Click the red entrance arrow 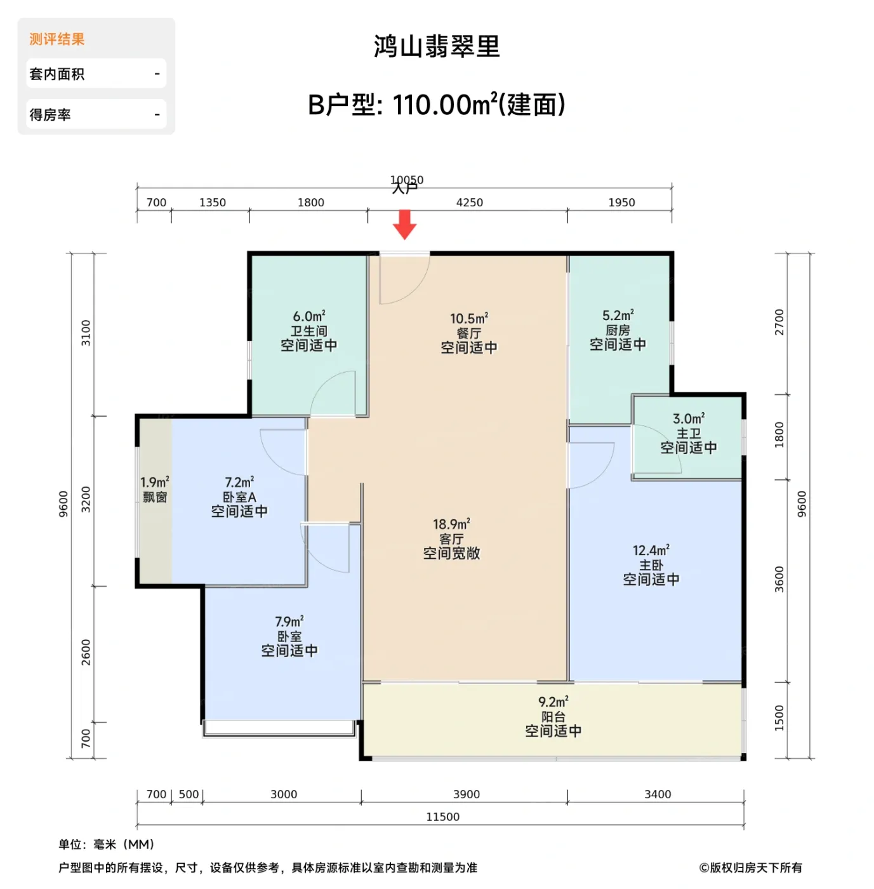404,224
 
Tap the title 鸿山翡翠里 437,46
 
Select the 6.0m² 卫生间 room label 309,331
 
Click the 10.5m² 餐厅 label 469,333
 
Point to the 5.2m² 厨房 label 618,330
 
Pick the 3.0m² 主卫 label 689,433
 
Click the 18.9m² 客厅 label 451,538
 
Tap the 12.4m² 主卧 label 651,565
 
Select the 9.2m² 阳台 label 553,716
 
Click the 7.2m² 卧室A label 239,497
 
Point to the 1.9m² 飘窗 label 155,490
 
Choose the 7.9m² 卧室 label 289,636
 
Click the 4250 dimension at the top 469,203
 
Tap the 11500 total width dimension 442,817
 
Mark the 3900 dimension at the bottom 467,794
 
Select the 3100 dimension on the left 86,333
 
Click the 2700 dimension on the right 779,322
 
